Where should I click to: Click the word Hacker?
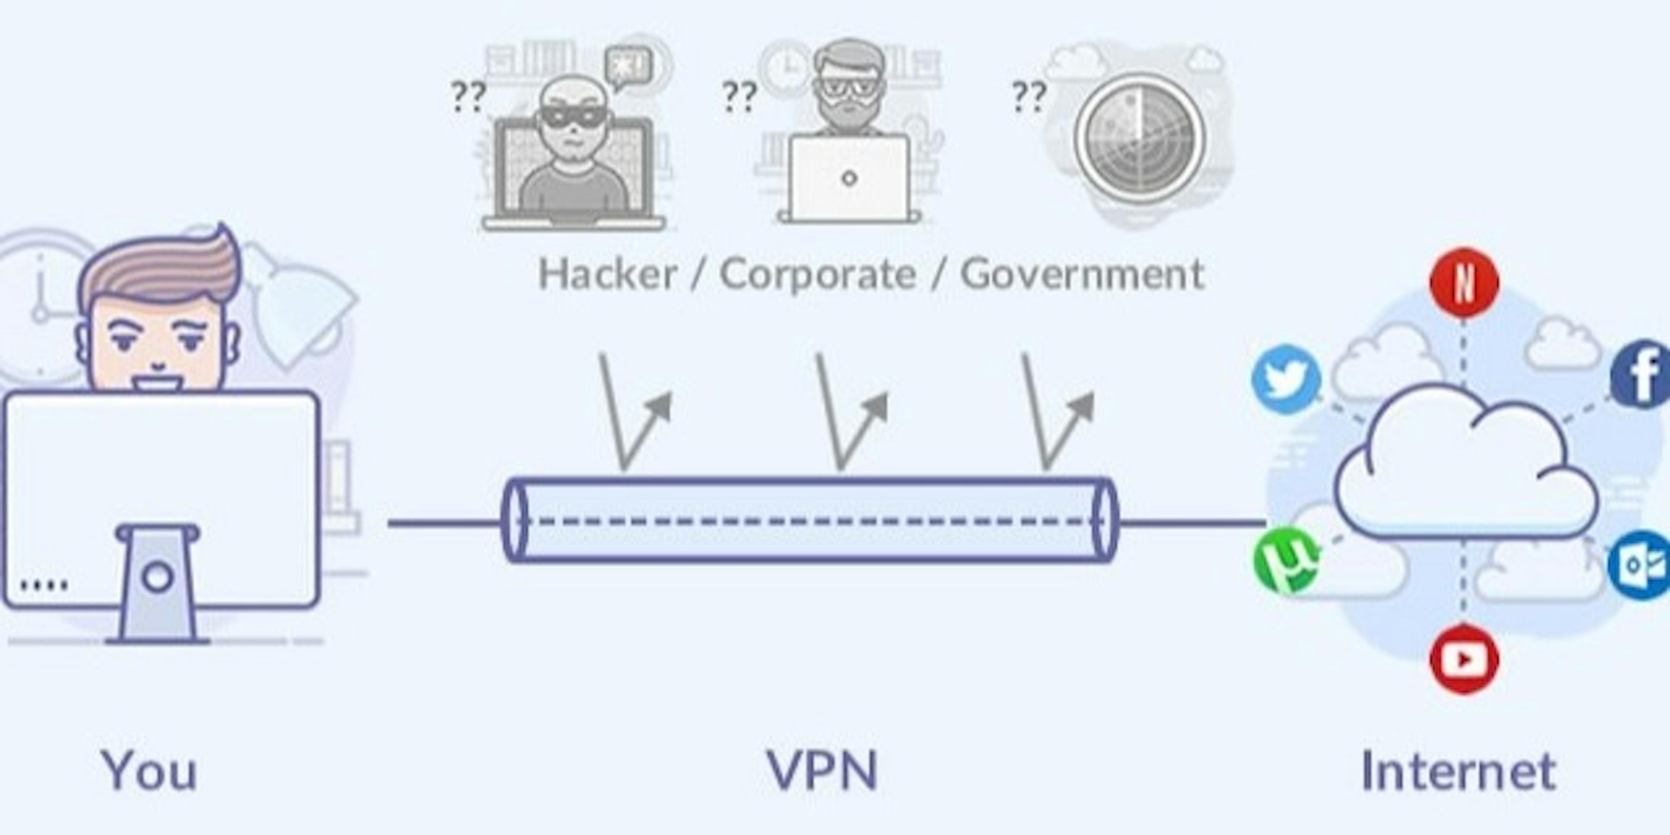tap(608, 274)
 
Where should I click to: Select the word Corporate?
tap(818, 274)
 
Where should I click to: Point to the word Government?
tap(1081, 274)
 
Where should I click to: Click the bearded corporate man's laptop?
tap(848, 178)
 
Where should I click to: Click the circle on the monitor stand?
tap(157, 576)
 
